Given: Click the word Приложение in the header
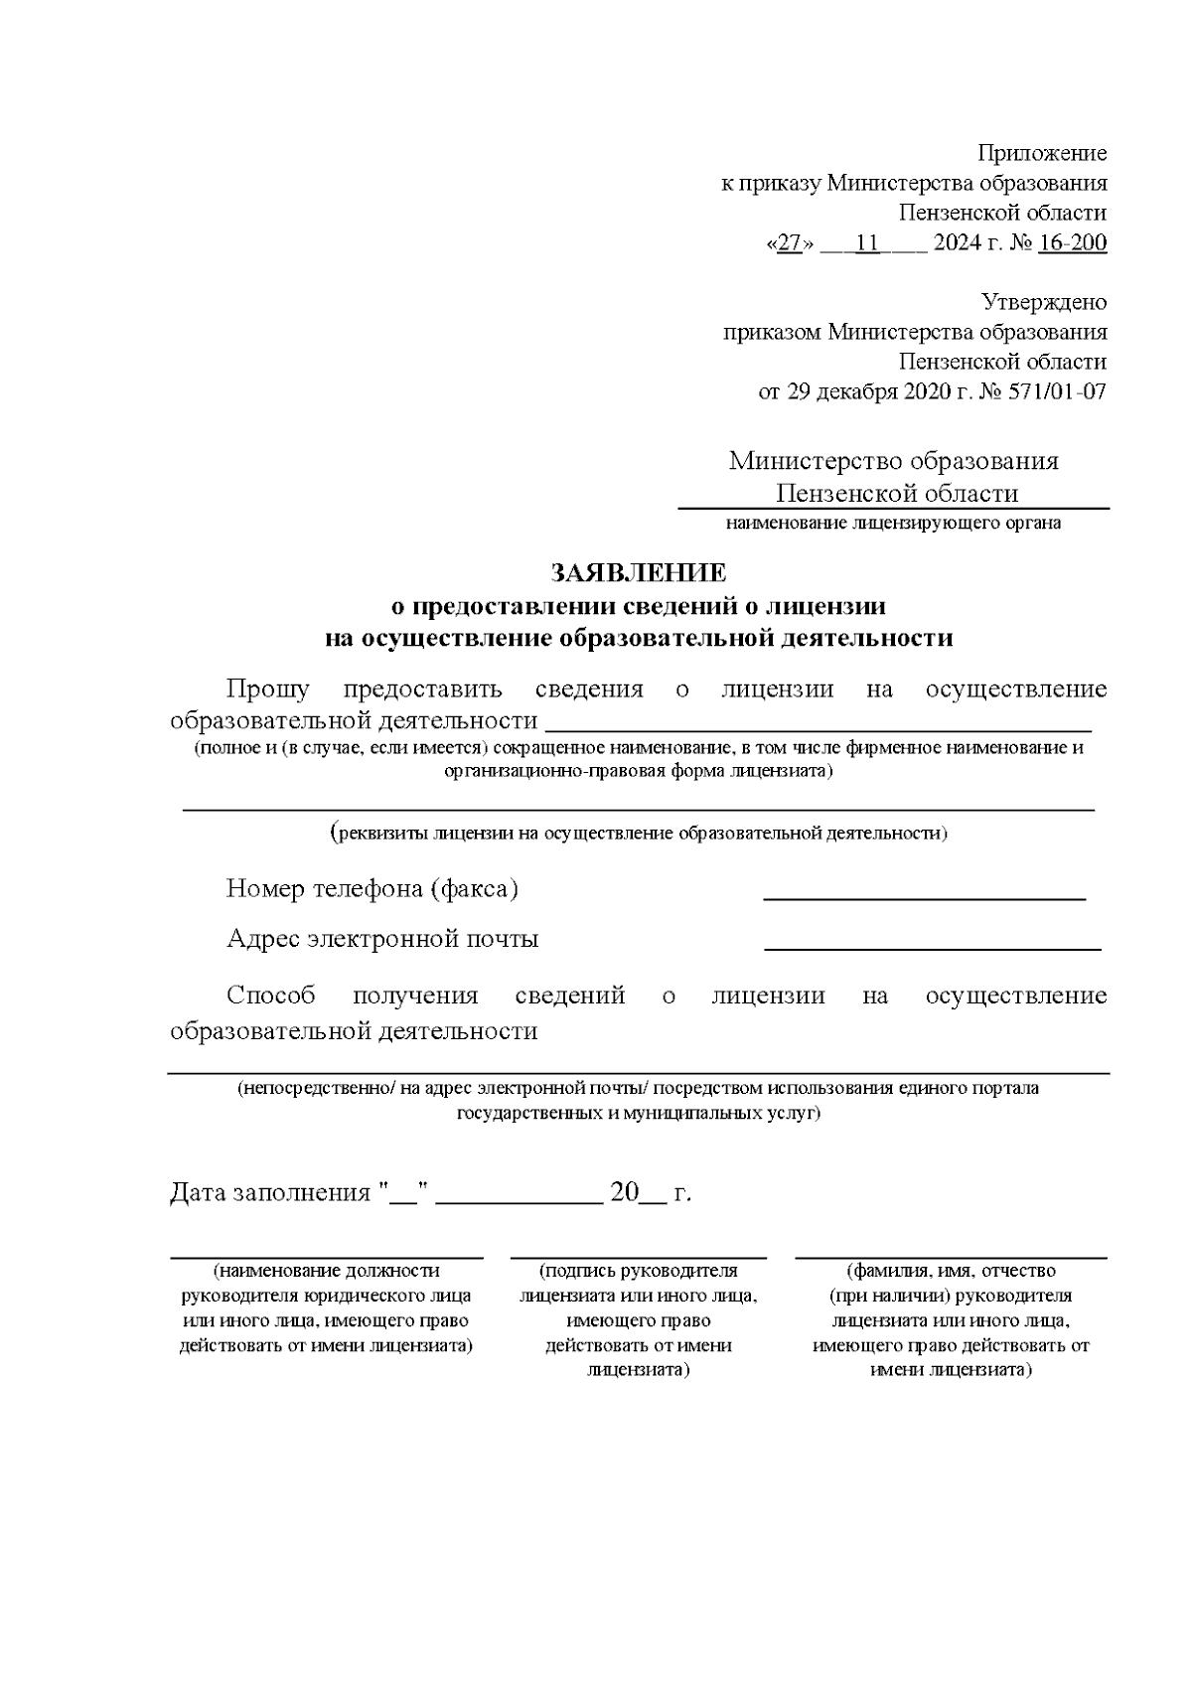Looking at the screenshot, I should [1042, 153].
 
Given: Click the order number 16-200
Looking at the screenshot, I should [1072, 242].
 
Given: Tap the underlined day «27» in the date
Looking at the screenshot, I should [791, 242].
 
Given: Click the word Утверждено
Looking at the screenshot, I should [1044, 301].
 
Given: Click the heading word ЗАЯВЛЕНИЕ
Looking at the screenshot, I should [639, 573].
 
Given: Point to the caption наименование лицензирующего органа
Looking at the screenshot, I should [893, 523].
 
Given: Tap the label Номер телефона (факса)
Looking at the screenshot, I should [372, 888].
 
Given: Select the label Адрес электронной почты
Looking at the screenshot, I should [382, 939].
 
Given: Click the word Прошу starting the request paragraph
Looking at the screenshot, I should [267, 689].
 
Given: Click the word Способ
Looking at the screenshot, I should [270, 996].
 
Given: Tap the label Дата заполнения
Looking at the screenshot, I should [269, 1192].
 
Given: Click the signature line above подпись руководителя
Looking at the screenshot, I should [638, 1256].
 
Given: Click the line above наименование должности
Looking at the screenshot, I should [326, 1256].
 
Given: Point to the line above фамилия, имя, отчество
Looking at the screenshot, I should [951, 1256].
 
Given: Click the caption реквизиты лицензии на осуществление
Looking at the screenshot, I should [639, 833].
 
